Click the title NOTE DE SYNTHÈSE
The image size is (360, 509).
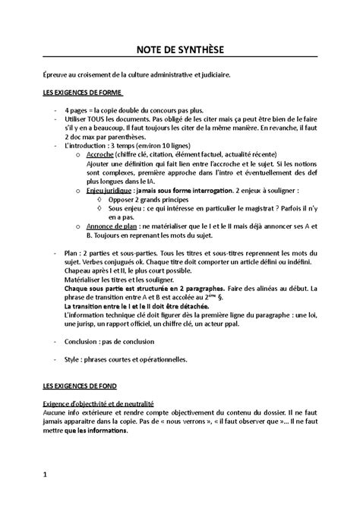pos(180,49)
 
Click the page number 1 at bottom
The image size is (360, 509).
pos(46,476)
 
